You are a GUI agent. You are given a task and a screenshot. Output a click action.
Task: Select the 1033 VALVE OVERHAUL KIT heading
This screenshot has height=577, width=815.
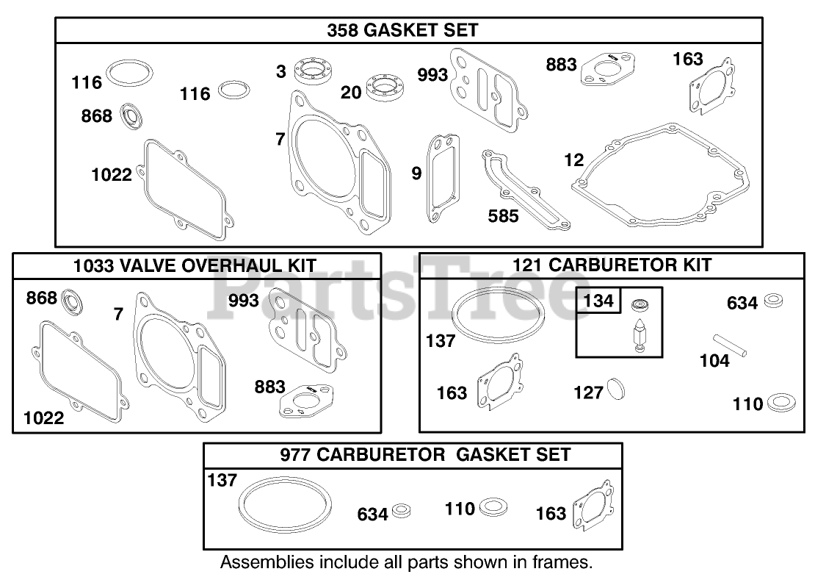point(195,265)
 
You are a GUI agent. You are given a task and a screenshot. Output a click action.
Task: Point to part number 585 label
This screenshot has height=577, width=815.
point(503,216)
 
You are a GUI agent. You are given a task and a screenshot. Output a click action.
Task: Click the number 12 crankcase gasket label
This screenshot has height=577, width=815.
point(573,160)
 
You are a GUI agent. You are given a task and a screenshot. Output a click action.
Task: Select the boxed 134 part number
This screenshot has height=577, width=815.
point(598,301)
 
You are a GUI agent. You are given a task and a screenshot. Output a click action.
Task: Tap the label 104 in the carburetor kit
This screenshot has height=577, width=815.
point(714,360)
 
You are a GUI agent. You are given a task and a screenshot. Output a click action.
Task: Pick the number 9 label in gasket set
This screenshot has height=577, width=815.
point(416,173)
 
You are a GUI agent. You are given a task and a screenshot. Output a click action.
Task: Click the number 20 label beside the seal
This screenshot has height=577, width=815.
point(351,92)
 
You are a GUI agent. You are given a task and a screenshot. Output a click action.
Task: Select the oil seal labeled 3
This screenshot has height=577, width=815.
point(314,72)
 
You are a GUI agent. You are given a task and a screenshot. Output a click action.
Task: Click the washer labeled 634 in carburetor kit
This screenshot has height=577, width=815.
point(773,300)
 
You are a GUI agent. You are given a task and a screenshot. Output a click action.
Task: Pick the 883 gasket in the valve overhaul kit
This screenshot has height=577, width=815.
point(304,401)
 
